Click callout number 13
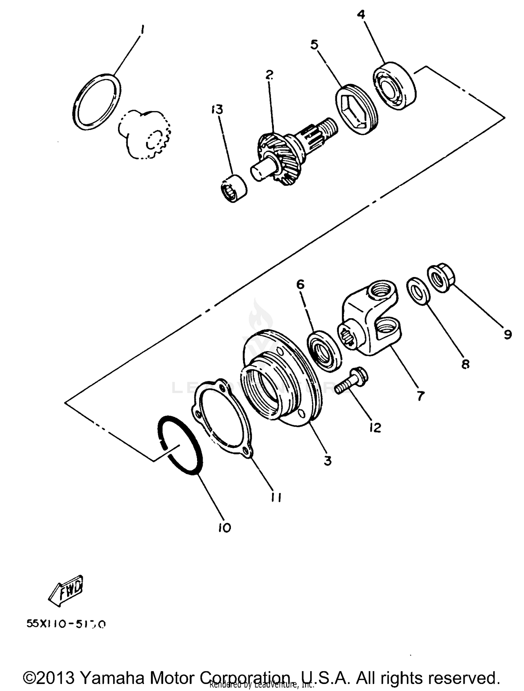(217, 110)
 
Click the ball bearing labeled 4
(395, 86)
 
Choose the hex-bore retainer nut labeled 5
(357, 109)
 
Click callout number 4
(361, 15)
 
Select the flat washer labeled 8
(418, 291)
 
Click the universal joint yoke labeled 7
(370, 323)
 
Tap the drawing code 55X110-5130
(66, 624)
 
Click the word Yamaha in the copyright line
(112, 678)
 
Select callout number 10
(225, 528)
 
